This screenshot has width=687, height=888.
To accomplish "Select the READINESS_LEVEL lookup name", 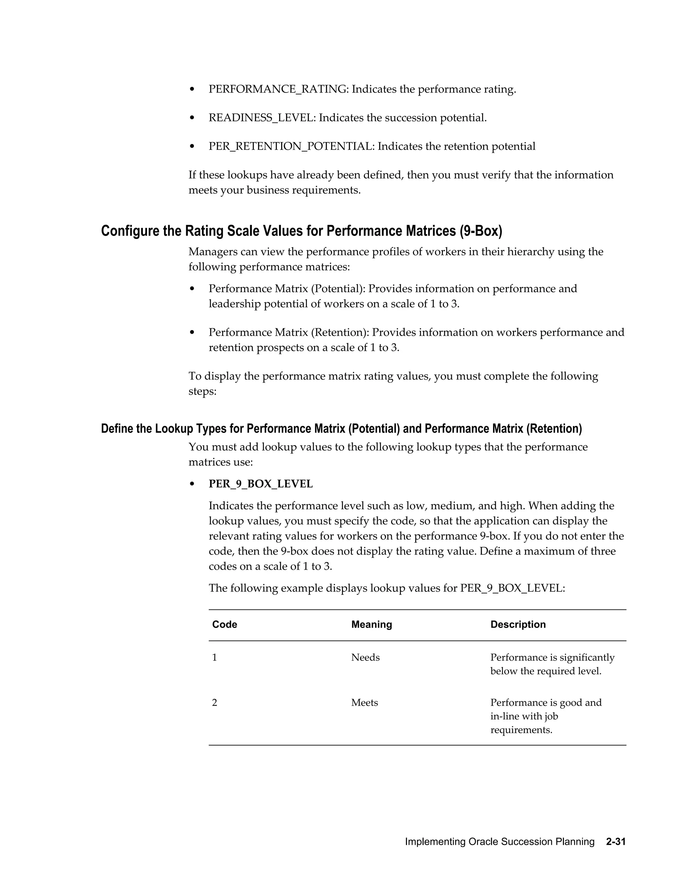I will [262, 118].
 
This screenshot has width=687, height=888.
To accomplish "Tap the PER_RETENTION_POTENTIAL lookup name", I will [291, 146].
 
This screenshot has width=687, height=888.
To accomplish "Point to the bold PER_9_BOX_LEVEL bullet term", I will [260, 484].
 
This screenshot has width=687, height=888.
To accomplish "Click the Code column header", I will [224, 625].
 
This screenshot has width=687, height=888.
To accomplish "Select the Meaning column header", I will [371, 625].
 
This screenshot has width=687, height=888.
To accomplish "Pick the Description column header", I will [518, 625].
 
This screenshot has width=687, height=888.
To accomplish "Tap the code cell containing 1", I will [214, 657].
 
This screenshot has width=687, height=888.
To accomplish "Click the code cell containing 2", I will [214, 703].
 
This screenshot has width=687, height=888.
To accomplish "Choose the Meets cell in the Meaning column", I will [364, 703].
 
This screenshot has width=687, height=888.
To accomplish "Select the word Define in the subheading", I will [116, 429].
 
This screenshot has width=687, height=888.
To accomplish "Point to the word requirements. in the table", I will [521, 730].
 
